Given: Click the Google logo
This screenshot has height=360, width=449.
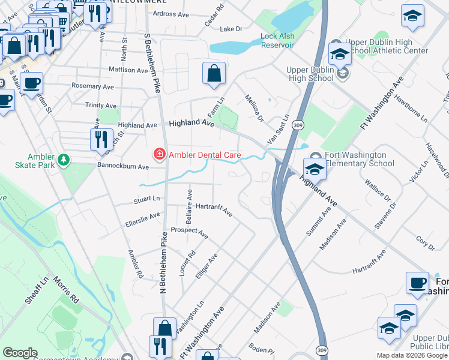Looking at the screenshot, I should click(x=20, y=353).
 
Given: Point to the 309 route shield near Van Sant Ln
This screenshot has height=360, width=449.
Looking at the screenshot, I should click(x=297, y=125).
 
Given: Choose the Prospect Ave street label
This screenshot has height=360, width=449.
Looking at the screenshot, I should click(x=189, y=233).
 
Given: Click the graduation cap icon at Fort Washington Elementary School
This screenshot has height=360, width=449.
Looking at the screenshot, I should click(x=315, y=169).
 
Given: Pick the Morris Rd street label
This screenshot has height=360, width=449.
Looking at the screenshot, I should click(x=66, y=290).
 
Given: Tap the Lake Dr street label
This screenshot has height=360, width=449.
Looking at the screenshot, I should click(x=231, y=29).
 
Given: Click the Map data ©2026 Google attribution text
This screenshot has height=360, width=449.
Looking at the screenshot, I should click(x=412, y=355).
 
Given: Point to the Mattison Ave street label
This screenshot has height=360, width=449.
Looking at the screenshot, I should click(x=128, y=70).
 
